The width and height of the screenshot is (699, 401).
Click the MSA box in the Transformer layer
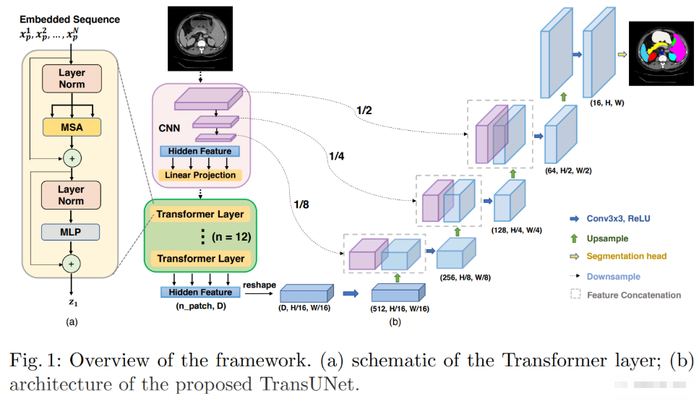tap(72, 127)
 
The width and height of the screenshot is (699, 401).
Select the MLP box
tap(70, 232)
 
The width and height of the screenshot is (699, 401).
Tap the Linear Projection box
tap(200, 175)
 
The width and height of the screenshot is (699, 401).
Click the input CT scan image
tap(200, 38)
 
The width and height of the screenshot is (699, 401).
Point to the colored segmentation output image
tap(661, 53)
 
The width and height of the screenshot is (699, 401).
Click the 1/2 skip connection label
tap(364, 110)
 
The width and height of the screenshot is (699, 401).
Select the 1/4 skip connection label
tap(337, 156)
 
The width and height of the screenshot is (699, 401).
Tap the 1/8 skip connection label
tap(301, 204)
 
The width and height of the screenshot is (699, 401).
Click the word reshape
tap(260, 285)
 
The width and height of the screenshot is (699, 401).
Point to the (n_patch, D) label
tap(201, 306)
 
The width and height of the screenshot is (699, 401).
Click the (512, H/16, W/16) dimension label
tap(400, 309)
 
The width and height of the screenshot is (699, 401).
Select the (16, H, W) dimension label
tap(607, 103)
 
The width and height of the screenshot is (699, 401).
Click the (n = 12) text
tap(231, 236)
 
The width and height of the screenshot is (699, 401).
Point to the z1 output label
tap(73, 303)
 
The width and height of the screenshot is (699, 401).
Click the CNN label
tap(169, 129)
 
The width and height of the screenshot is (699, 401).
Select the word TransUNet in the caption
tap(310, 384)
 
